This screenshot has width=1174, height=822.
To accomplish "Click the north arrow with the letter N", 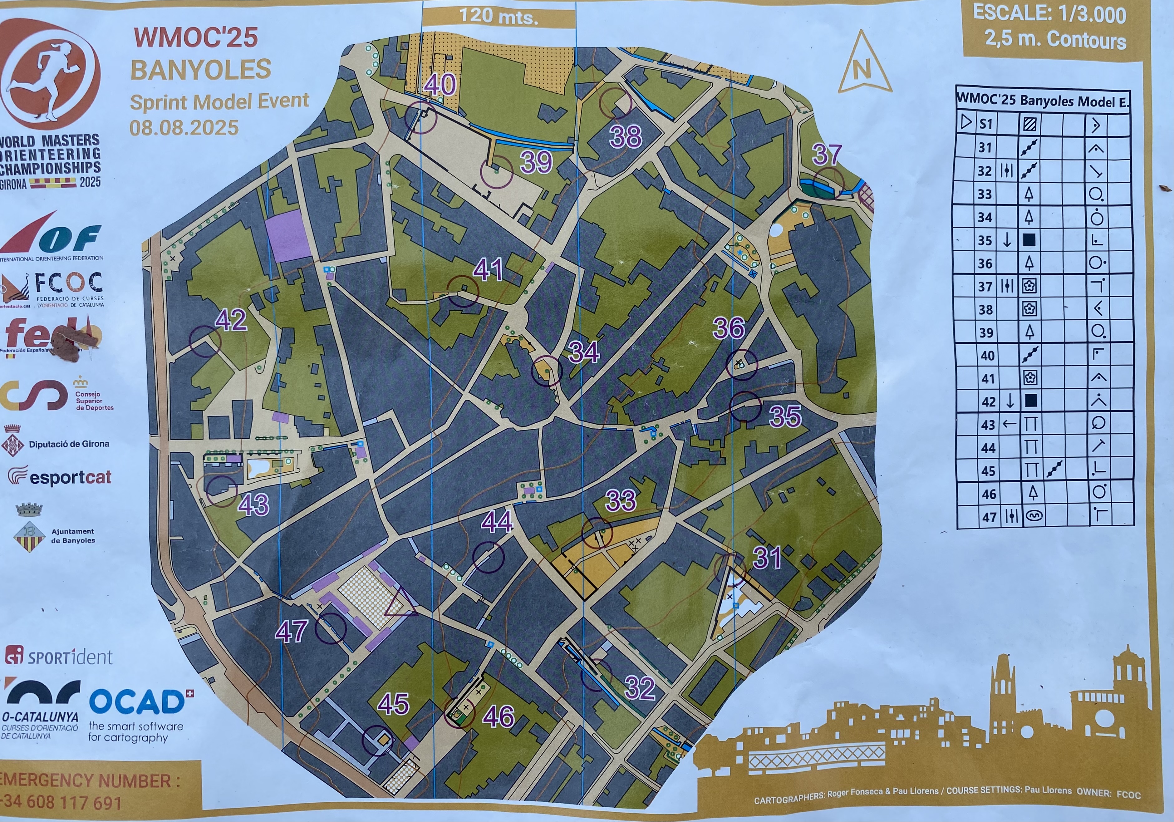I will coord(862,66).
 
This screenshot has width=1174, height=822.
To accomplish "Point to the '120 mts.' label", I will coord(499,16).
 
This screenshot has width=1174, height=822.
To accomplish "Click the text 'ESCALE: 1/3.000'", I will coord(1049,14).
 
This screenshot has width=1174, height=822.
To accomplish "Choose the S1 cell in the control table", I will coord(985,124).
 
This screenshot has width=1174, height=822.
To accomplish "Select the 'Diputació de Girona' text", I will coord(69,444).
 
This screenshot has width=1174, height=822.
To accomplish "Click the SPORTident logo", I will coord(59,656).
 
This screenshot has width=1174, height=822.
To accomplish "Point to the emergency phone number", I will coord(61,802).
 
